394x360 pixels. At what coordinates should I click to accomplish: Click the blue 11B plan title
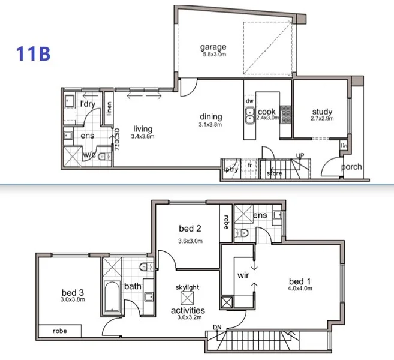33,52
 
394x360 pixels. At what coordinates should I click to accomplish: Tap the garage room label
213,47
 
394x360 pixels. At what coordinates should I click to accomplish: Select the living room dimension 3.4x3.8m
143,137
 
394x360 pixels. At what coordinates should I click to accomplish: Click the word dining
210,116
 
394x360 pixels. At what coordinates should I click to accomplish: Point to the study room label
322,112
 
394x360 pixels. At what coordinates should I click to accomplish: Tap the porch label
351,167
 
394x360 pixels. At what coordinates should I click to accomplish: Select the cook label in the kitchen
266,112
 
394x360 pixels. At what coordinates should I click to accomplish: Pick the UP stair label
300,156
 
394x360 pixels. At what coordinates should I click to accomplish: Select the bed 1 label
300,281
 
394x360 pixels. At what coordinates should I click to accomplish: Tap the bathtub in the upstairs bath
113,294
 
